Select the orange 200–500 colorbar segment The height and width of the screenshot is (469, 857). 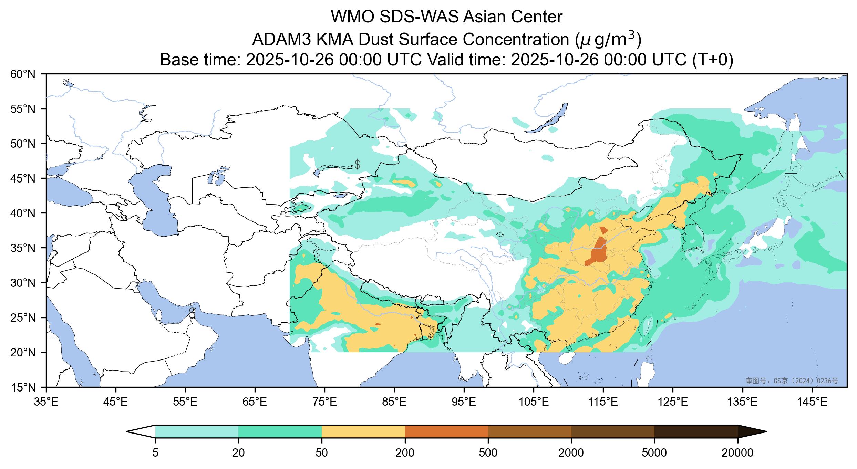click(x=446, y=431)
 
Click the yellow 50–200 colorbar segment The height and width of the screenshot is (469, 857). click(x=363, y=431)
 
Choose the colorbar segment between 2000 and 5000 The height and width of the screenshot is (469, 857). click(x=613, y=431)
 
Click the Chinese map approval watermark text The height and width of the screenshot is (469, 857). click(x=792, y=381)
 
